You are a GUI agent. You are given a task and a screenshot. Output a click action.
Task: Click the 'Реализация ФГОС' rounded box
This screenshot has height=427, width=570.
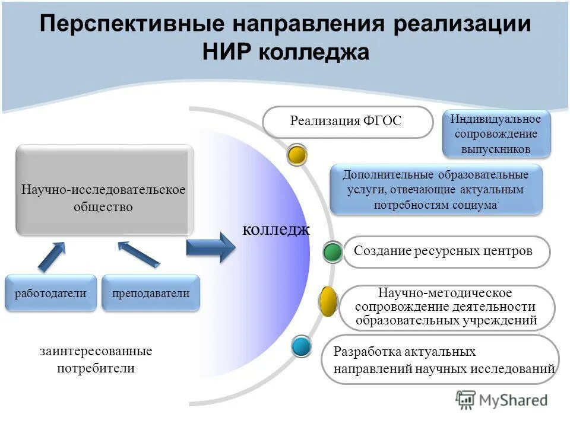[348, 122]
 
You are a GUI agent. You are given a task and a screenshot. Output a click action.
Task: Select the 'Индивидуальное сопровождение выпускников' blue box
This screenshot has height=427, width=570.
[496, 134]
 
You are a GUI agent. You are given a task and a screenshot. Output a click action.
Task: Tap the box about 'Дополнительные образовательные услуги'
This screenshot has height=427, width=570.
[436, 190]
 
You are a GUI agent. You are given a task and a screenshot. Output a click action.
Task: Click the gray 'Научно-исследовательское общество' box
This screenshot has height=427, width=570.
[104, 190]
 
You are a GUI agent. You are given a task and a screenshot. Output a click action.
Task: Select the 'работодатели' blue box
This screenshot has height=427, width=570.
[50, 293]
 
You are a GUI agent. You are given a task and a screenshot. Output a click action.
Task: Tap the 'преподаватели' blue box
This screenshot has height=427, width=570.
[151, 293]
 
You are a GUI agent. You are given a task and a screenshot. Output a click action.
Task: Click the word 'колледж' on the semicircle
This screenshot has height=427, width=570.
[275, 230]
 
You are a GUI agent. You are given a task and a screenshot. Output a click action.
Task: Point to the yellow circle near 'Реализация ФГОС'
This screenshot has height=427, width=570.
[297, 155]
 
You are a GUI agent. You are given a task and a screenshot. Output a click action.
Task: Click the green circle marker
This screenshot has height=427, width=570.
[333, 252]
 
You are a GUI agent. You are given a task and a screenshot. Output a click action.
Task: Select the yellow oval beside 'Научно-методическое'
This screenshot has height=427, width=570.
[328, 301]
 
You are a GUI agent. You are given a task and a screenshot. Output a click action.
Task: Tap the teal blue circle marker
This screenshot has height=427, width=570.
[302, 346]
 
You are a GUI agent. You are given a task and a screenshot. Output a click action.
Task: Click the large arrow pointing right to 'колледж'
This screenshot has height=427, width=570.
[211, 247]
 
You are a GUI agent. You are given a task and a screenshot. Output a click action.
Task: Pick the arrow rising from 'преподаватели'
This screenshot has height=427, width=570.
[138, 254]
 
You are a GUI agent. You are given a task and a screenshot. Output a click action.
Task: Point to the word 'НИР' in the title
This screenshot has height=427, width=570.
[227, 52]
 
